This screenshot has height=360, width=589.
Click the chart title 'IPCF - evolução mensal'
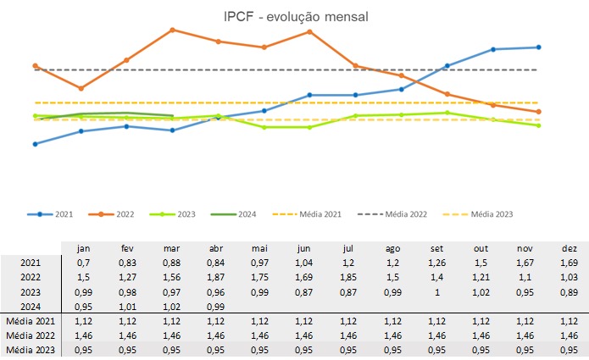[x=294, y=16]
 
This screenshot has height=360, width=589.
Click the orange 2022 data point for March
[x=172, y=30]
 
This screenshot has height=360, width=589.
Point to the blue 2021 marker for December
[x=539, y=47]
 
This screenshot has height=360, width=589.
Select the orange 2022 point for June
[x=309, y=31]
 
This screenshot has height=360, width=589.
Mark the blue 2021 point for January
[x=35, y=144]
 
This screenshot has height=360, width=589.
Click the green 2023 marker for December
[x=539, y=125]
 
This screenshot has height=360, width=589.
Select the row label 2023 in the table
[x=30, y=291]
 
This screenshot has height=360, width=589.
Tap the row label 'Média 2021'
[x=30, y=321]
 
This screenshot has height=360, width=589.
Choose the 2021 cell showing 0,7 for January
[x=84, y=263]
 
